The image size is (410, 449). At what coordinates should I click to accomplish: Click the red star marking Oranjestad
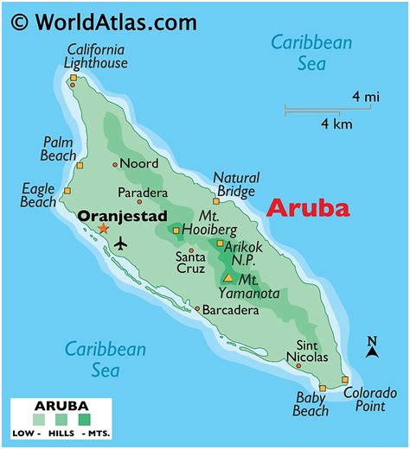click(103, 229)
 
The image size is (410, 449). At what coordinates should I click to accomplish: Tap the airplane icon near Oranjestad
click(119, 243)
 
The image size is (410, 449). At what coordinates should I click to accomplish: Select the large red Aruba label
click(308, 208)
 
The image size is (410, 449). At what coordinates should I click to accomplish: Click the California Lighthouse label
click(95, 55)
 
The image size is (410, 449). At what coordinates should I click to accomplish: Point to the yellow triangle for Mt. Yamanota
click(227, 278)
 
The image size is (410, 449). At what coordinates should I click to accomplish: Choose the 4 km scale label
click(337, 123)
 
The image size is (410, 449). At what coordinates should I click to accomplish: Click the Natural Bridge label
click(235, 184)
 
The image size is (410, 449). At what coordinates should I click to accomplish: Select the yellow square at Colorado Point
click(345, 380)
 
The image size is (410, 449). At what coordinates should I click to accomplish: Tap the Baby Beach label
click(310, 404)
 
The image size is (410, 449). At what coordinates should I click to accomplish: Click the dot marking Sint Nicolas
click(298, 366)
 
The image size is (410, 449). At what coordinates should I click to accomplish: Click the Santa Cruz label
click(190, 262)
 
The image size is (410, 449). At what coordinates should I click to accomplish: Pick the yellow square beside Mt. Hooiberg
click(176, 231)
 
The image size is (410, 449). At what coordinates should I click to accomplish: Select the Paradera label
click(142, 193)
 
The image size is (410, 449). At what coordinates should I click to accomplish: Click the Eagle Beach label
click(37, 196)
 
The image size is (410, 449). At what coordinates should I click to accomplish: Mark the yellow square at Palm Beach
click(80, 166)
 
